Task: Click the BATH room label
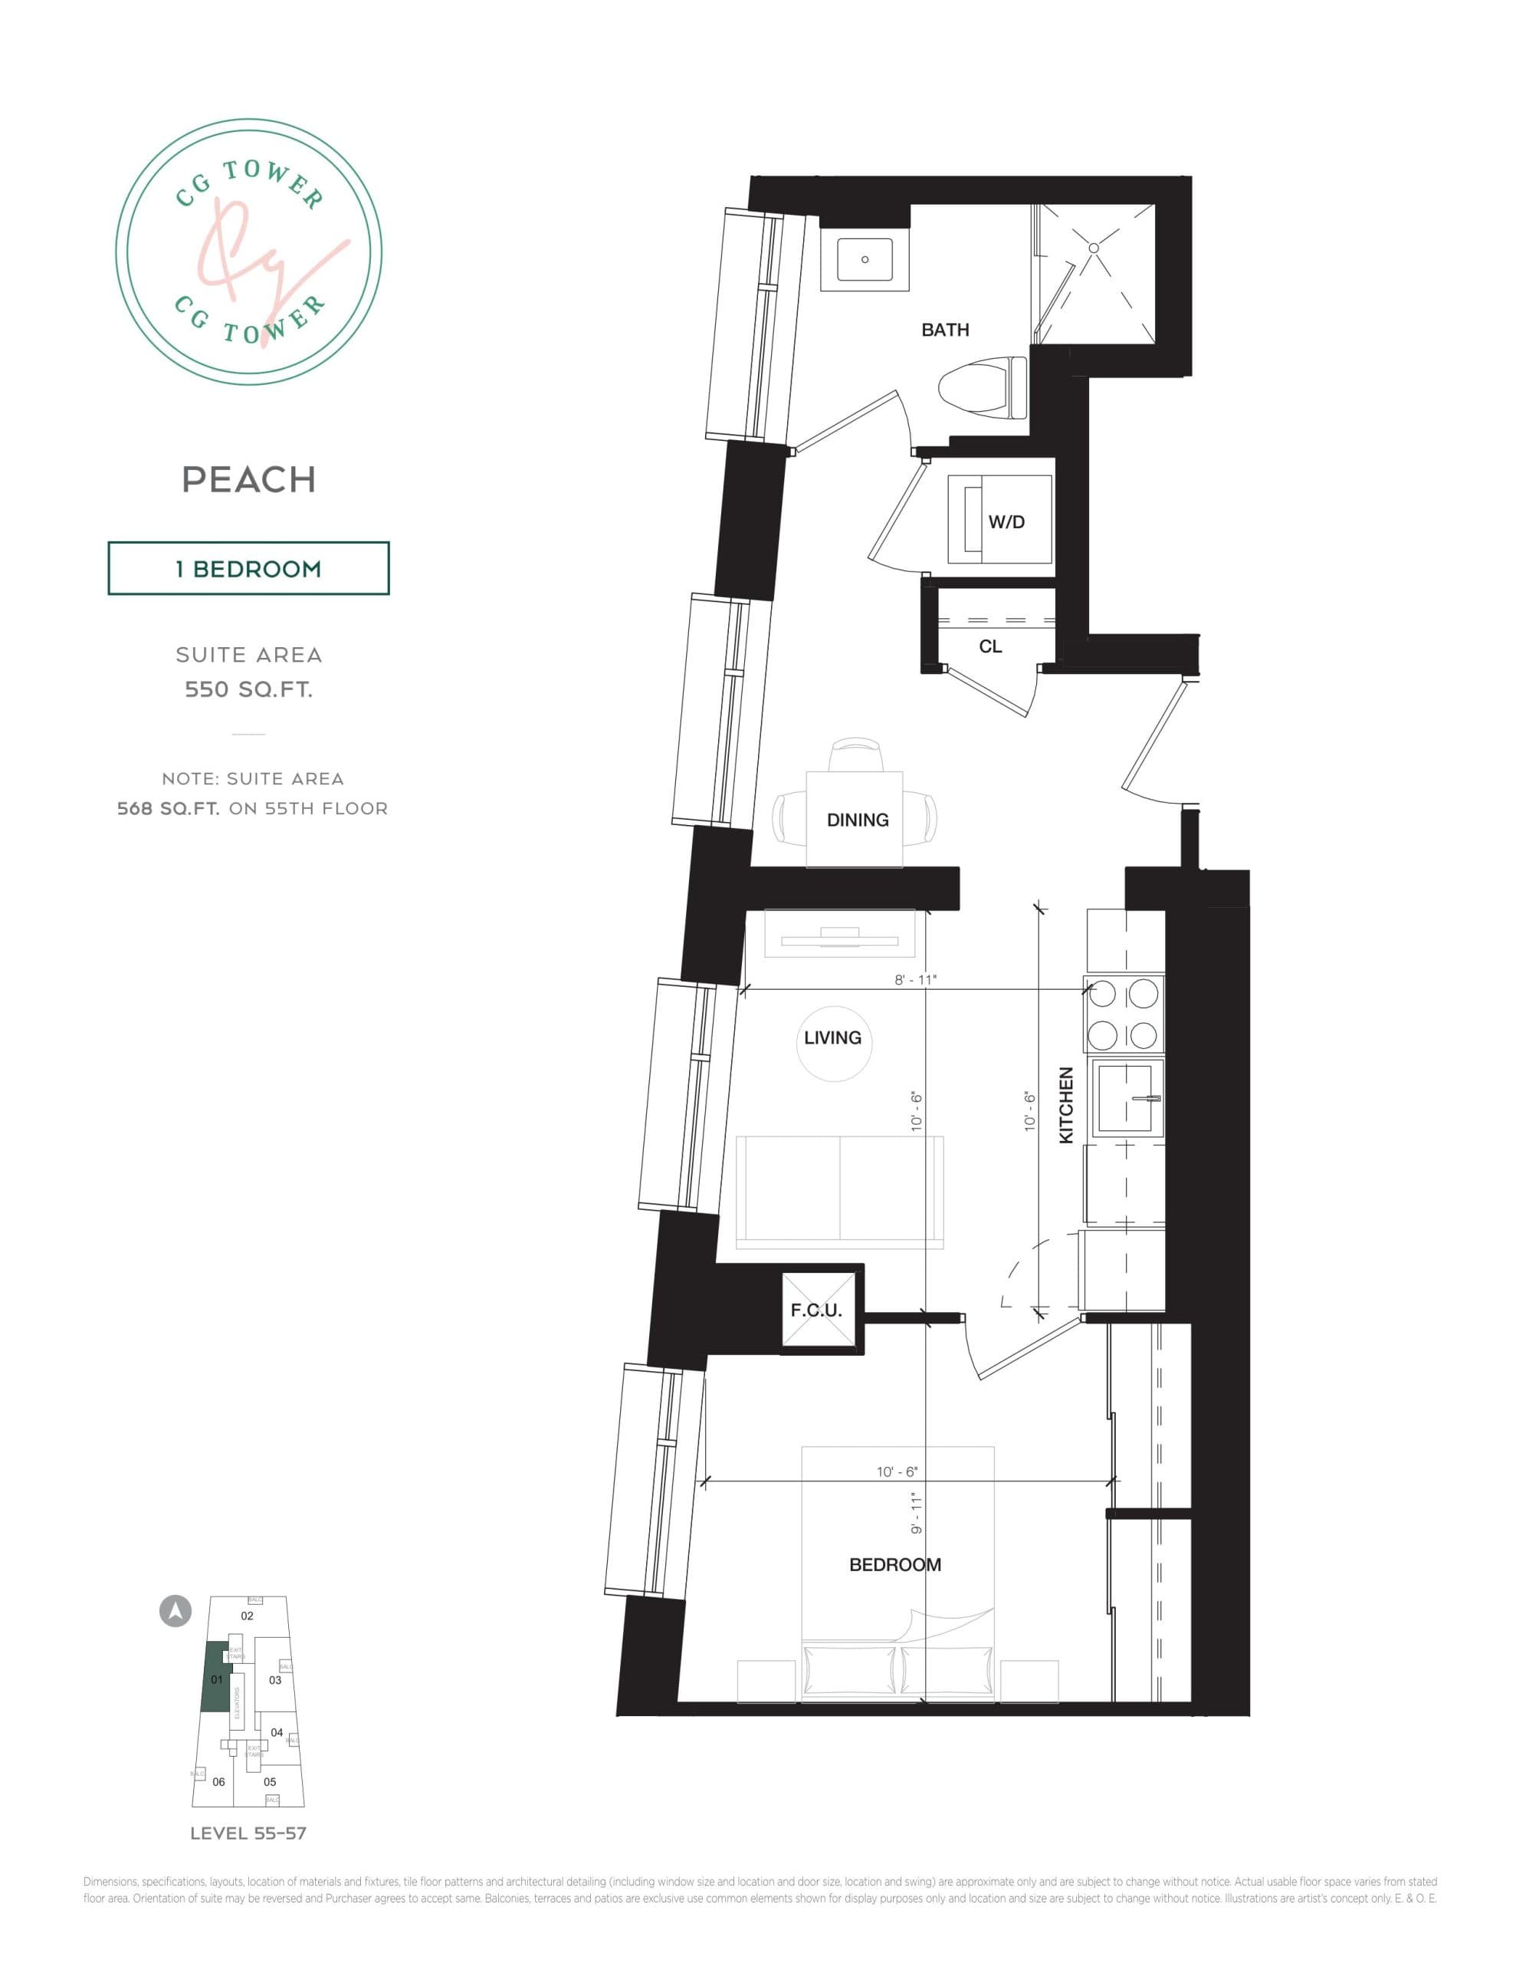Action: (x=944, y=330)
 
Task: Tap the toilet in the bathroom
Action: (x=979, y=388)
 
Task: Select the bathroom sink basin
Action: (x=865, y=260)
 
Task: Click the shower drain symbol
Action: (x=1094, y=246)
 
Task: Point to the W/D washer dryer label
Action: (x=1006, y=522)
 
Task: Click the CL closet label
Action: (x=989, y=646)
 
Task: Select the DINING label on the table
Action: (x=858, y=820)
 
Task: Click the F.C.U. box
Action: (x=816, y=1310)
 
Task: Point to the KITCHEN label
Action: (x=1067, y=1105)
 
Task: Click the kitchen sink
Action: (x=1124, y=1097)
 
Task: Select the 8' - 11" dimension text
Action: (x=915, y=980)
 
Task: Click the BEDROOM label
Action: (x=895, y=1565)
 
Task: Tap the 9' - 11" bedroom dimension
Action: (x=917, y=1513)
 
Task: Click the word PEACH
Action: (x=249, y=480)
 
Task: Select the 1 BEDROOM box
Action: (x=249, y=568)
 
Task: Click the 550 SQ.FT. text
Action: (x=249, y=689)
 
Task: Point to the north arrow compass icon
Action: (x=176, y=1610)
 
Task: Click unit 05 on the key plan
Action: (x=270, y=1781)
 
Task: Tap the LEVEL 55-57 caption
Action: (x=248, y=1833)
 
